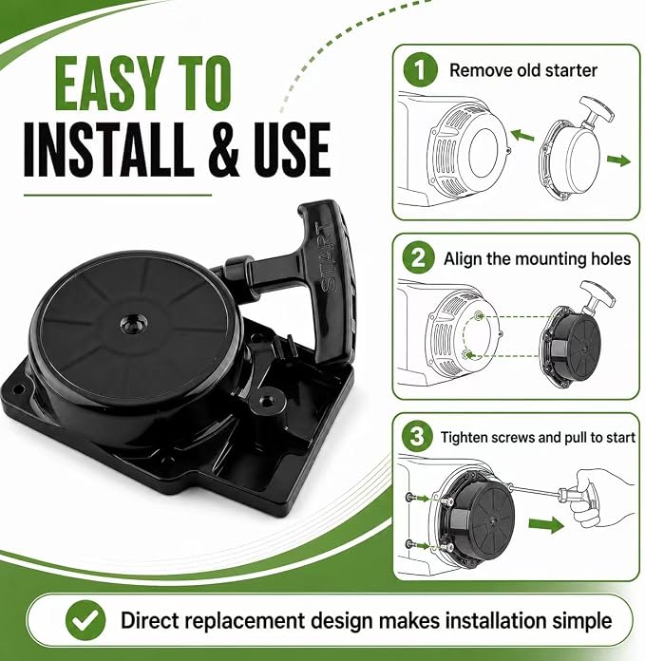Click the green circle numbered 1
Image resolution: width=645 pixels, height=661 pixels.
point(420,70)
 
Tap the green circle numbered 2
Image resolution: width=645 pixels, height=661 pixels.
point(418,257)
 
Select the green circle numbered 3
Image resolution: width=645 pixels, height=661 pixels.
point(416,436)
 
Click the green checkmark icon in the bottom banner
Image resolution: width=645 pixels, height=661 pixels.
point(85,620)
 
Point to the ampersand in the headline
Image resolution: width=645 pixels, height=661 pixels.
point(223,150)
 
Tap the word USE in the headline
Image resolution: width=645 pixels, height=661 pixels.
point(291,150)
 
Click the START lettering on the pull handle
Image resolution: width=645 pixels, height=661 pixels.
point(330,257)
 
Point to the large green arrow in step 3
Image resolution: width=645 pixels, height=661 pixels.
point(546,525)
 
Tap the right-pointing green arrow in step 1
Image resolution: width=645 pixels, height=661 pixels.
point(618,161)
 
